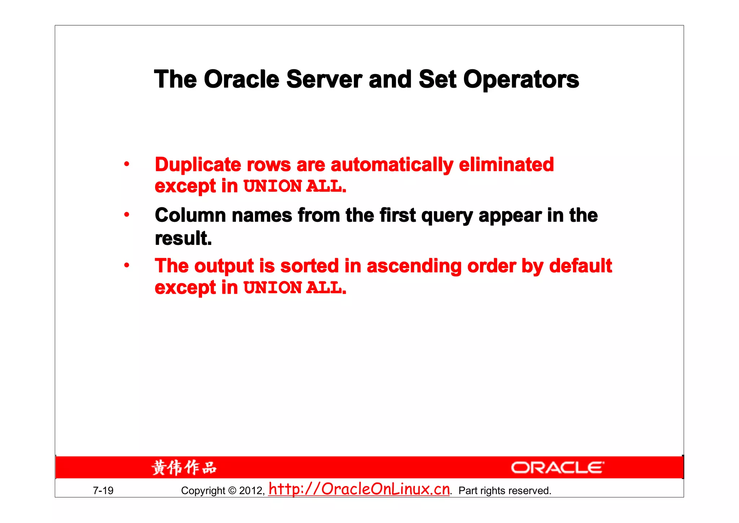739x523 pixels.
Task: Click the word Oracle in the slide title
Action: pos(241,79)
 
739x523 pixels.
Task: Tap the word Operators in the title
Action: pos(521,79)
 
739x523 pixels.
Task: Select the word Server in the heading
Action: pos(324,79)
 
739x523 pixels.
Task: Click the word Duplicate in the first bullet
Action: pos(198,165)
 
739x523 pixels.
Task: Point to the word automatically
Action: pos(392,165)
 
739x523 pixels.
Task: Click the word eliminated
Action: pos(506,165)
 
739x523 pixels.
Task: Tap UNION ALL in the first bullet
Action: pos(294,186)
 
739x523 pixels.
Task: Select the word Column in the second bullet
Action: pos(190,215)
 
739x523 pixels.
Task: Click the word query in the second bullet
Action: pos(447,216)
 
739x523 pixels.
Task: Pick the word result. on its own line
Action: pos(183,238)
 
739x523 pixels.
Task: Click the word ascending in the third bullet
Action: pos(414,266)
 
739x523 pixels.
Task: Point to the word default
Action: pos(580,266)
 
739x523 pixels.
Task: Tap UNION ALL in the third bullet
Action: pos(294,288)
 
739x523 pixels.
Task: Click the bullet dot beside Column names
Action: pos(127,215)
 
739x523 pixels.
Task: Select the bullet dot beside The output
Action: pos(127,265)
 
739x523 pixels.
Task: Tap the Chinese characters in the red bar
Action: pos(184,468)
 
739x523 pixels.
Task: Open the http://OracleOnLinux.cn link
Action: pos(359,489)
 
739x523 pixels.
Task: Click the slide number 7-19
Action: pos(103,490)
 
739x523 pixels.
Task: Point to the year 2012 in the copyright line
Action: pos(251,490)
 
